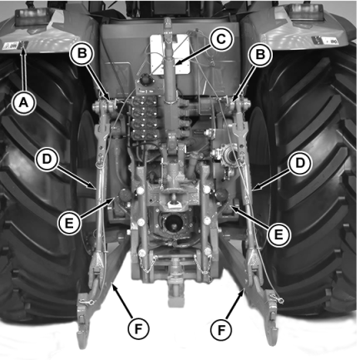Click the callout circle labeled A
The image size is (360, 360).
(23, 103)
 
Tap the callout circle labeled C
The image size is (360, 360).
(221, 39)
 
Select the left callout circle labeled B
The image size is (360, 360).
(82, 53)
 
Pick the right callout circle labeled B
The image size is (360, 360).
(260, 54)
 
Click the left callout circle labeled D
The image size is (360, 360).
(47, 159)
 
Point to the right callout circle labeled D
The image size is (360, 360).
(299, 163)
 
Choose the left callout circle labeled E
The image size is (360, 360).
(69, 223)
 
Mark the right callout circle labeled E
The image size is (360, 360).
(279, 234)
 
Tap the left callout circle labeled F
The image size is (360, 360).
(138, 329)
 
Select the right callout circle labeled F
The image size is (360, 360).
(221, 329)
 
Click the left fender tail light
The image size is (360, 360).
(32, 17)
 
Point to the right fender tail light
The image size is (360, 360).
(306, 12)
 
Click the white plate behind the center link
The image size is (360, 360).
(170, 55)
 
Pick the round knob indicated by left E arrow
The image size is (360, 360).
(125, 195)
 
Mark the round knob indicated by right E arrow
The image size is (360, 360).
(222, 195)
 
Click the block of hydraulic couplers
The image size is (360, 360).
(145, 118)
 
